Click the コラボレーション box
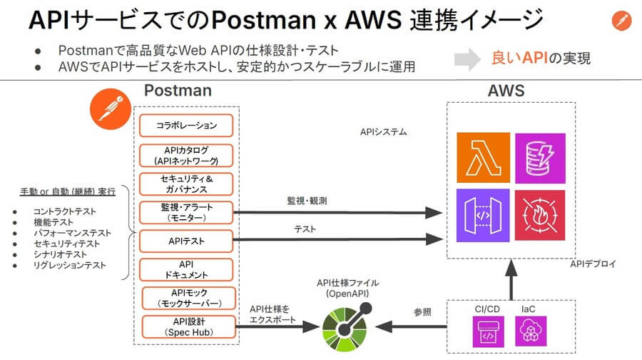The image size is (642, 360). click(187, 126)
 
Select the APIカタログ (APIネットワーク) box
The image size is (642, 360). click(187, 155)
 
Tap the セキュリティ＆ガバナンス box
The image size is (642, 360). click(187, 184)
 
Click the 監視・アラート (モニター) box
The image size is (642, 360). click(187, 212)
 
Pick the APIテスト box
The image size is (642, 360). click(187, 241)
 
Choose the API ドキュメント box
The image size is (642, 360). click(187, 269)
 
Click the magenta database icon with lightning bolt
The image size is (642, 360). click(539, 158)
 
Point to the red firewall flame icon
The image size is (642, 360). click(539, 214)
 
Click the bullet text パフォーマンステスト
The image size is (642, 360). click(71, 233)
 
